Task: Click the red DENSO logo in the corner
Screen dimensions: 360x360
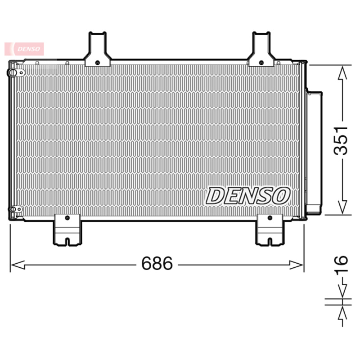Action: click(x=25, y=49)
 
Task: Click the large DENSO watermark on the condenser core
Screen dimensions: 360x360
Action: click(x=248, y=196)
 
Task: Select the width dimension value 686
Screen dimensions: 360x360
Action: click(x=157, y=264)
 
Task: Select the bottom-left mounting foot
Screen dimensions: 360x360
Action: click(x=67, y=230)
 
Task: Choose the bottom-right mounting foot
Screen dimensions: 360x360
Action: click(x=269, y=230)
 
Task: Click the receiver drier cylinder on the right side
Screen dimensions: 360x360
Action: click(x=314, y=151)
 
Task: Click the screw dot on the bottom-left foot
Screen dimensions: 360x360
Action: click(x=67, y=218)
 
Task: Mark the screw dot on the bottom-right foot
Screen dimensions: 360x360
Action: click(x=269, y=218)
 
